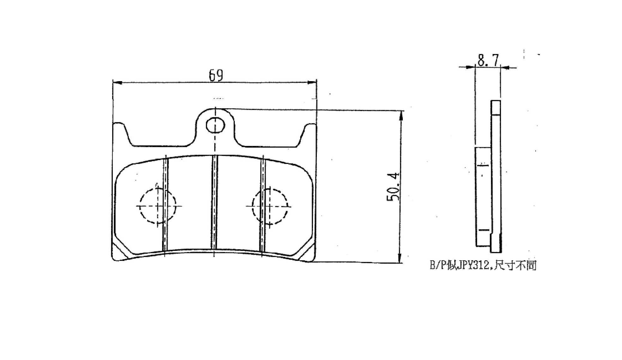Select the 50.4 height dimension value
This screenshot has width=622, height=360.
click(x=393, y=187)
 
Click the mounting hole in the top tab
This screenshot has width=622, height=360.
click(x=215, y=126)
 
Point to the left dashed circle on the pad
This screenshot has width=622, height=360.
click(x=140, y=206)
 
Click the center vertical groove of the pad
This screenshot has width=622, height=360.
click(x=214, y=202)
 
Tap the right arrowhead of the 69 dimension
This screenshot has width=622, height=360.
click(x=312, y=83)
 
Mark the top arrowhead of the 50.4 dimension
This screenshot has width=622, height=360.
click(x=401, y=116)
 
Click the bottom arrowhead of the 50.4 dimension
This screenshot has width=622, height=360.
click(x=400, y=258)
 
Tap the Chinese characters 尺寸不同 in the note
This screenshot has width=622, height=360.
click(x=515, y=265)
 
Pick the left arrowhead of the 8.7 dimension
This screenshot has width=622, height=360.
click(x=470, y=67)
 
